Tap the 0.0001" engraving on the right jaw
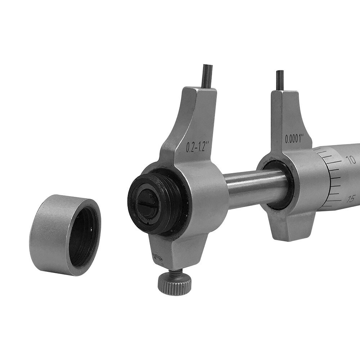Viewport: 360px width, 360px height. click(294, 138)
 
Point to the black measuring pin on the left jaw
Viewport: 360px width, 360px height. click(207, 76)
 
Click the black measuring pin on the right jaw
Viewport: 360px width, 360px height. click(280, 80)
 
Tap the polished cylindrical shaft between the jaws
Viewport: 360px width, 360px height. click(252, 187)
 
